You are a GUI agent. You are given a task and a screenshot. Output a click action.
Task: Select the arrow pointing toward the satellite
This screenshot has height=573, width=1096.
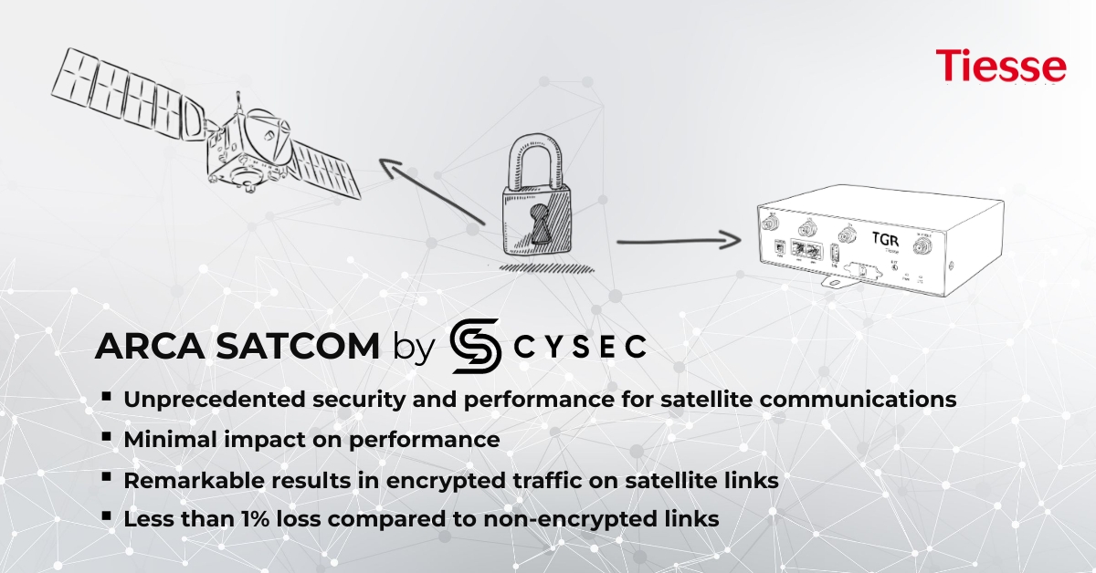click(x=429, y=191)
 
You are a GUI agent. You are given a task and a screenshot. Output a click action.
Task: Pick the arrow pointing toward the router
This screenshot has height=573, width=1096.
click(x=676, y=242)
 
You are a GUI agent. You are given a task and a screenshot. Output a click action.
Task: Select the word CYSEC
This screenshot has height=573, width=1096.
click(x=579, y=347)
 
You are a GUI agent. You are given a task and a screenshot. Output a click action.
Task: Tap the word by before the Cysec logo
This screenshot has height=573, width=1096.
click(x=412, y=348)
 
